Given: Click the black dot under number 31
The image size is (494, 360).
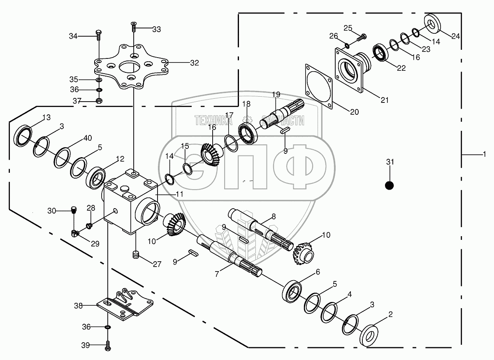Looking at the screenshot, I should (389, 186).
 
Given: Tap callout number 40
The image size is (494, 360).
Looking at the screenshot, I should (87, 138).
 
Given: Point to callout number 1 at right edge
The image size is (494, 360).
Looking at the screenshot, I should (484, 154).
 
